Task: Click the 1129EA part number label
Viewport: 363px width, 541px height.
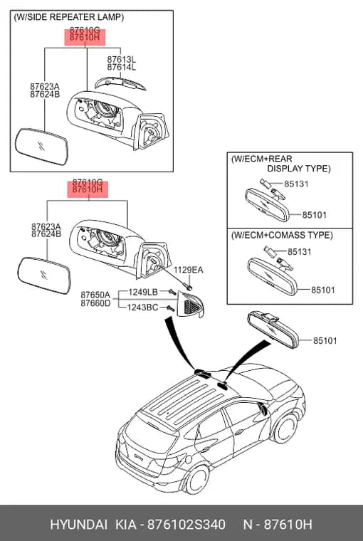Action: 188,270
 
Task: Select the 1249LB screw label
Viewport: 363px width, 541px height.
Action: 143,293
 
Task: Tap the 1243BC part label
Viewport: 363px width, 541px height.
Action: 142,307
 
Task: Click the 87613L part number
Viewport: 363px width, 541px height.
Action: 121,59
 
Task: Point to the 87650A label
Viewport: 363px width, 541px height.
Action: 95,295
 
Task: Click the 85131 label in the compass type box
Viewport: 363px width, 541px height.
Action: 299,252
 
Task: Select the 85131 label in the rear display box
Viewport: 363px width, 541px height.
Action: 296,184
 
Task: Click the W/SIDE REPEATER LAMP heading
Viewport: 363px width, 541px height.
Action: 68,17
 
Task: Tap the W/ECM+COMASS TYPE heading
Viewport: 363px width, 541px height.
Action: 282,236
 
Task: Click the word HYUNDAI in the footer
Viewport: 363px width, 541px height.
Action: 79,525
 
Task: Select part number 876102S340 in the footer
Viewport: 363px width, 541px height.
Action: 186,525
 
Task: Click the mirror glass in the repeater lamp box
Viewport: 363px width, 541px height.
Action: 41,147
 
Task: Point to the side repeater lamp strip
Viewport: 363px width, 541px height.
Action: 120,83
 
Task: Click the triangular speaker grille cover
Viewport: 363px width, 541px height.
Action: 191,305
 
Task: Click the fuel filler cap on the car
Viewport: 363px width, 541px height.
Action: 189,459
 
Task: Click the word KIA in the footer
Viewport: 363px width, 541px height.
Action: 125,525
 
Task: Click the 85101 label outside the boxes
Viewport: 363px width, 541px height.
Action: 325,341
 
